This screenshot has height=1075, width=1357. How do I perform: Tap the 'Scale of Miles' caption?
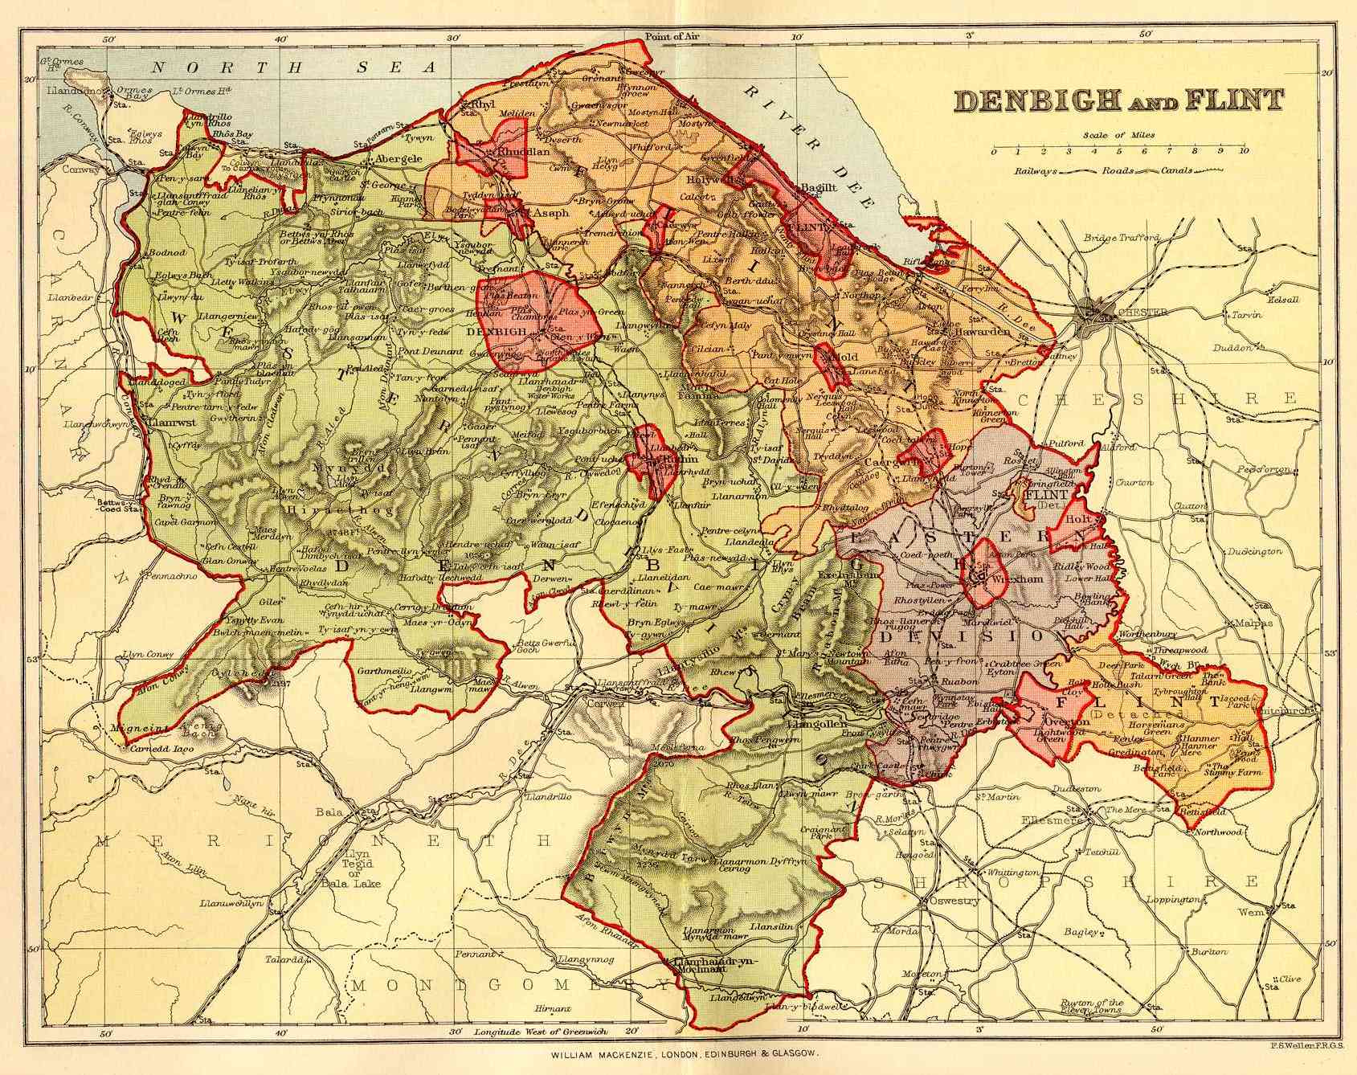point(1118,135)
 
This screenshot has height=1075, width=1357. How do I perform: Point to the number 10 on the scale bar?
point(1243,150)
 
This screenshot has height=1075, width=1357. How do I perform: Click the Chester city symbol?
point(1095,309)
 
